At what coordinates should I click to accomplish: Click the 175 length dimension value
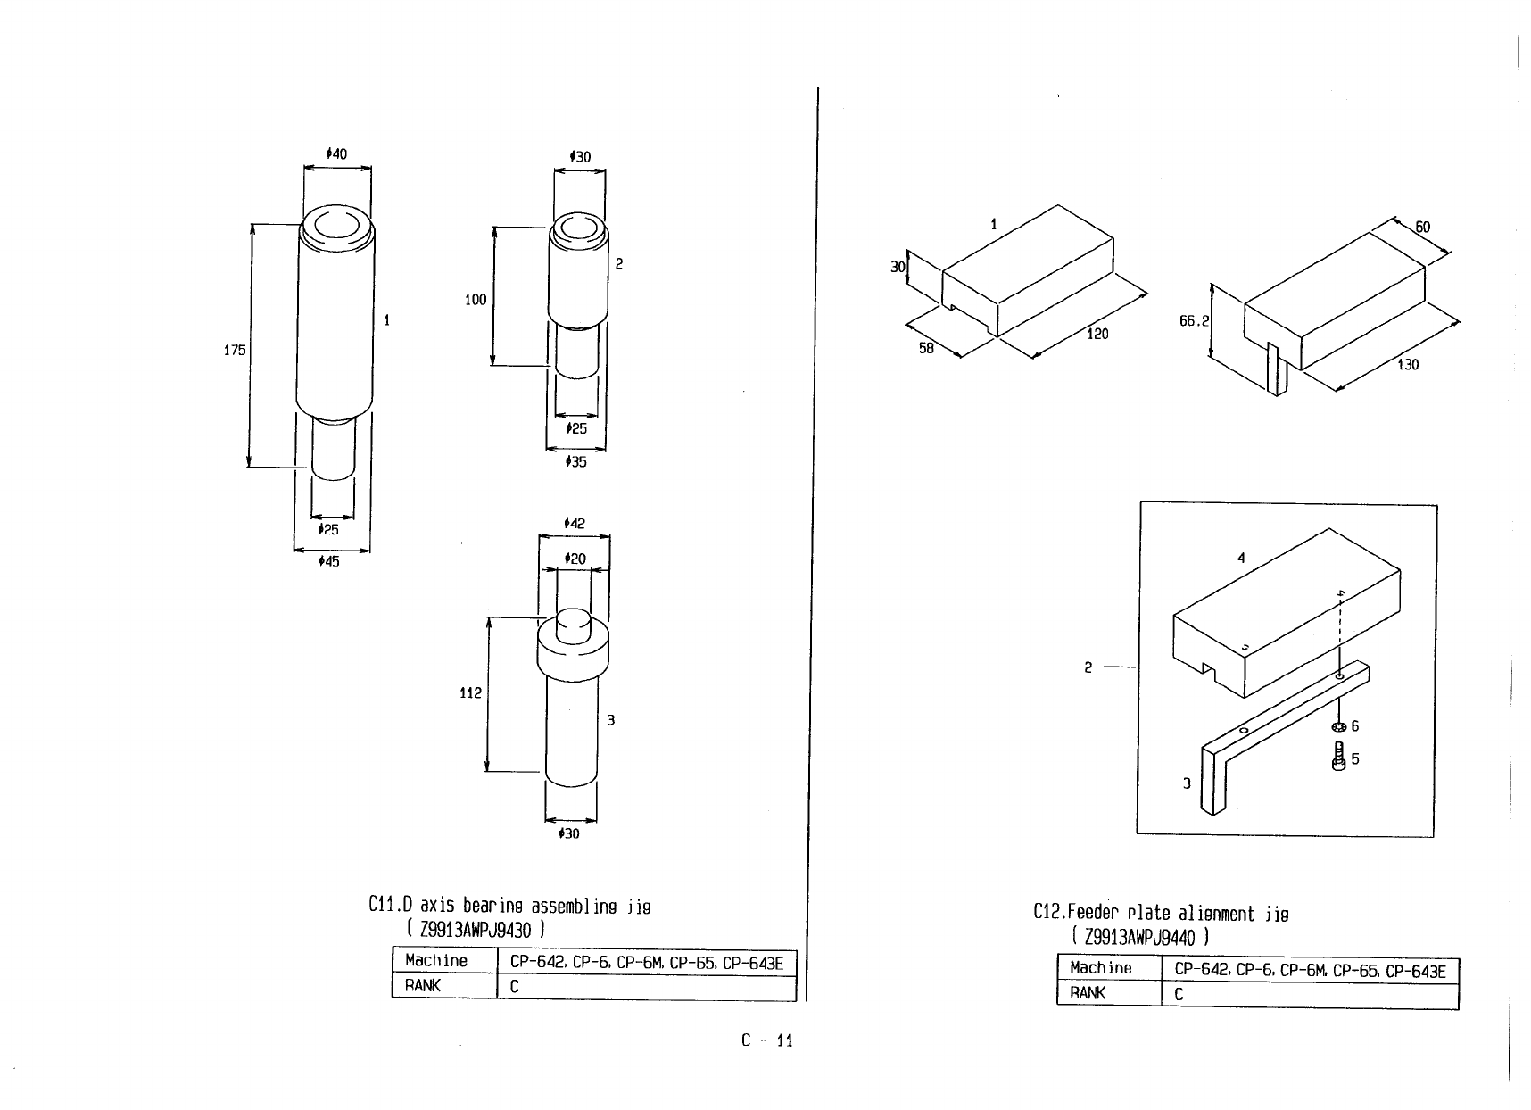tap(234, 351)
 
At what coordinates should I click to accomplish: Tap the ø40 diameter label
tap(336, 154)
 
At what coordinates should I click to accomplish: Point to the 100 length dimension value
tap(476, 300)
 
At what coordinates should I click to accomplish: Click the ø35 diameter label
tap(576, 462)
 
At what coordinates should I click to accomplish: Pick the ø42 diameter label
tap(575, 523)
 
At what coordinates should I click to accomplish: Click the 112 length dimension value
tap(471, 692)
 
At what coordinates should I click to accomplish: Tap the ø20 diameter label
tap(575, 559)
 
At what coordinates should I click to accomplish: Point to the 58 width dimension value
tap(926, 348)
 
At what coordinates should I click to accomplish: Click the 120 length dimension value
tap(1097, 334)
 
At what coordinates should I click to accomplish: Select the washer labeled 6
tap(1337, 726)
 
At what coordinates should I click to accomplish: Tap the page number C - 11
tap(766, 1040)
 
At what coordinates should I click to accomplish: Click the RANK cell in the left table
tap(423, 986)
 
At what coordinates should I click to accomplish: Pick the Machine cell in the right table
tap(1100, 968)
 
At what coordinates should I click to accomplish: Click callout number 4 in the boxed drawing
tap(1241, 559)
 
